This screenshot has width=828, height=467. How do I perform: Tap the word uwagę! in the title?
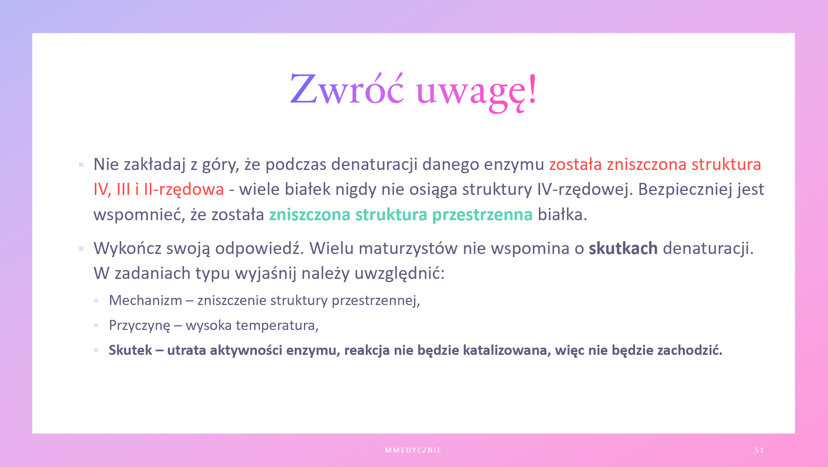[x=477, y=93]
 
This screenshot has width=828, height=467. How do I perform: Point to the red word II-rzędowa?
[x=184, y=189]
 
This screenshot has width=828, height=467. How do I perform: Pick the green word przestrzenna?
[x=482, y=215]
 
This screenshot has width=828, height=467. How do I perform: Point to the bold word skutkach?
[x=623, y=248]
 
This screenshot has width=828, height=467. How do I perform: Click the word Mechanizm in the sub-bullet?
[x=145, y=300]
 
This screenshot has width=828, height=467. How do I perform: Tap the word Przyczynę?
[x=140, y=326]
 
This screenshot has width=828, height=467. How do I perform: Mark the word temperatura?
[x=277, y=326]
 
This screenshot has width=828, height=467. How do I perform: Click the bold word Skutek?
[x=131, y=350]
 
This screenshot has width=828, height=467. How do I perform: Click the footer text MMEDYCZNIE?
[x=413, y=450]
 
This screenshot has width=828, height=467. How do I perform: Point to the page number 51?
[x=759, y=450]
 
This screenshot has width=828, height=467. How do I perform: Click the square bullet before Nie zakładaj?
[x=81, y=165]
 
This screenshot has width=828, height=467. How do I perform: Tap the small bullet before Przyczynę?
[x=96, y=326]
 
